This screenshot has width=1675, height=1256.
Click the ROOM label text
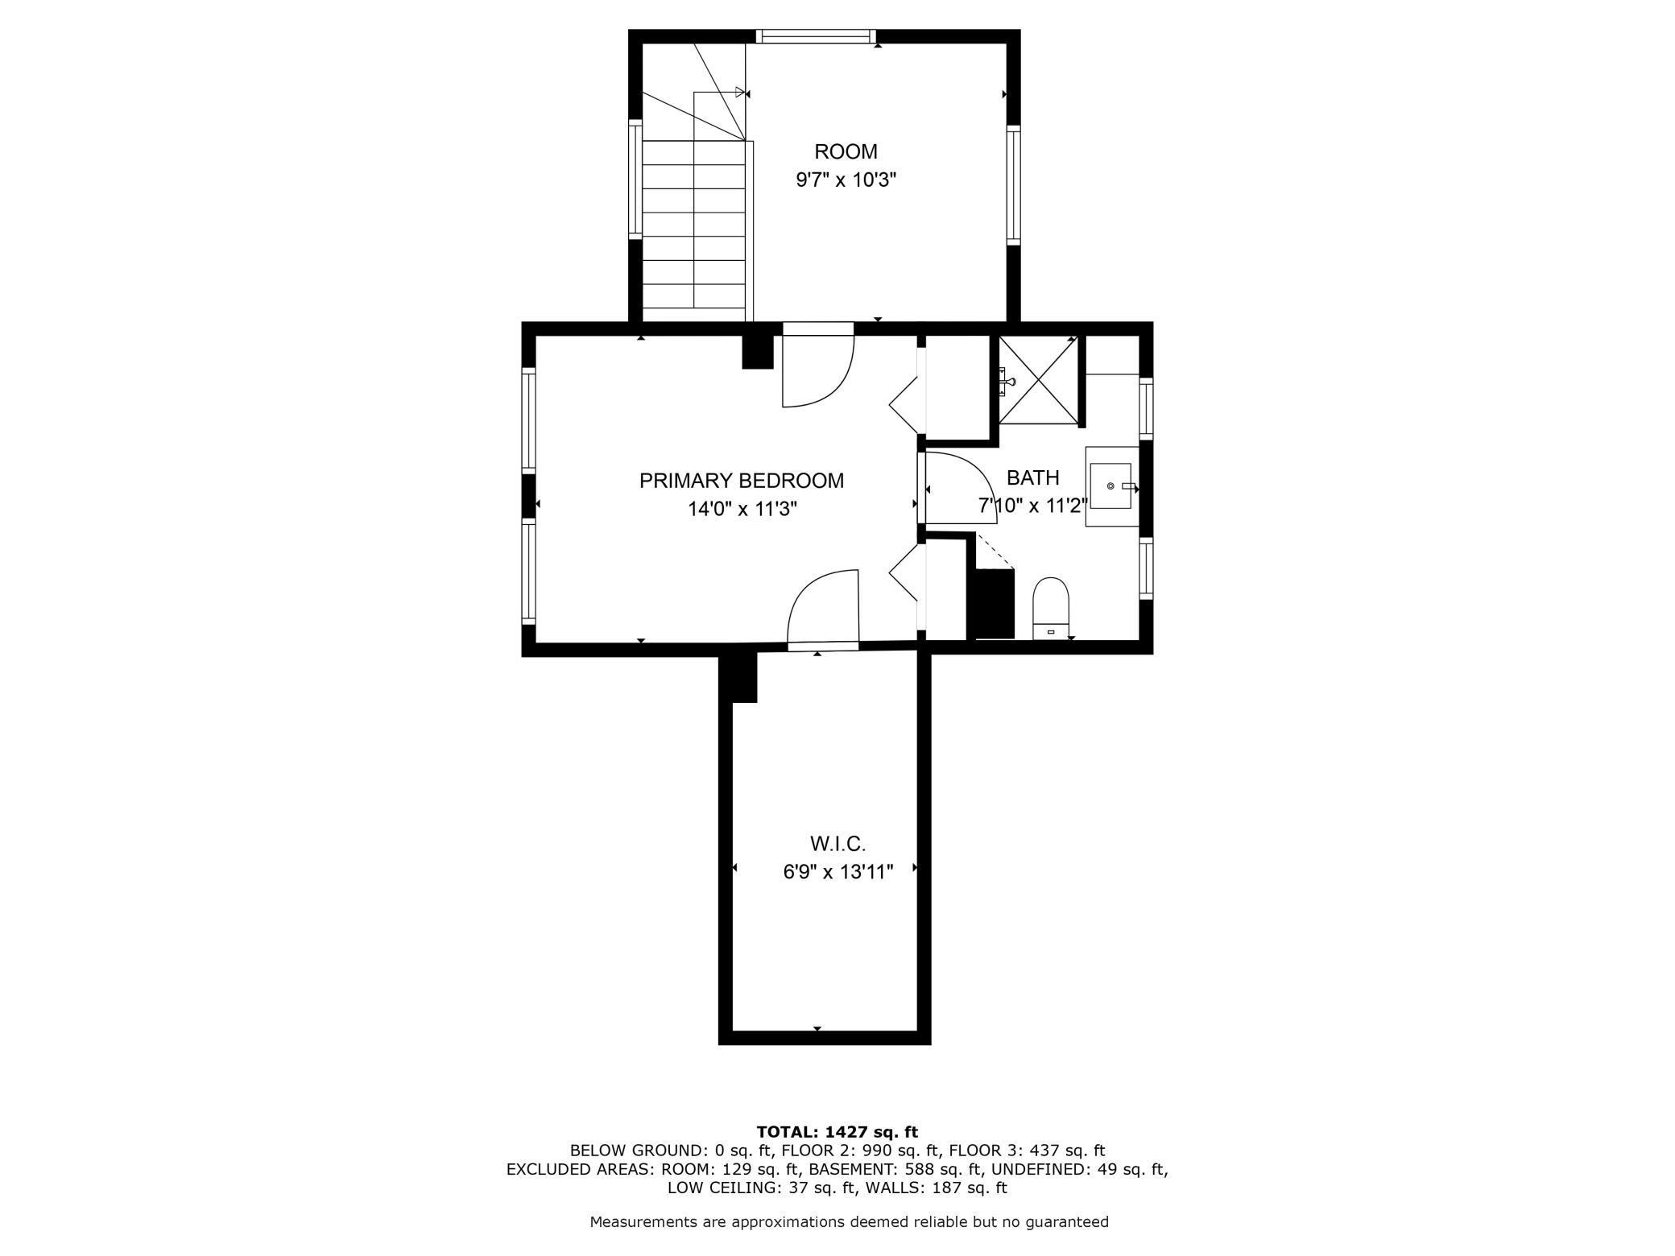coord(846,151)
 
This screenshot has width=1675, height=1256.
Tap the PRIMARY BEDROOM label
coord(742,481)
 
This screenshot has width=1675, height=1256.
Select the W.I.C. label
coord(837,844)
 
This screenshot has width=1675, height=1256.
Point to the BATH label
coord(1033,477)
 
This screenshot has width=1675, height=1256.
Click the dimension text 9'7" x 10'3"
coord(846,180)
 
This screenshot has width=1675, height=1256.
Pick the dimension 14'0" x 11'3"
coord(742,509)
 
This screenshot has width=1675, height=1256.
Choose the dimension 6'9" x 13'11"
coord(838,872)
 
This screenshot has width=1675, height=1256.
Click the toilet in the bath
coord(1051,608)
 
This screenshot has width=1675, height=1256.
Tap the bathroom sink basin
coord(1110,486)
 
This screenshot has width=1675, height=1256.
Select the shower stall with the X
coord(1038,379)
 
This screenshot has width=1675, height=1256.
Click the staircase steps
coord(693,224)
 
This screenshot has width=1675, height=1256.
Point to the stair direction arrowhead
coord(740,92)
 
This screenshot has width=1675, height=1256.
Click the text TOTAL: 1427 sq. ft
coord(837,1131)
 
